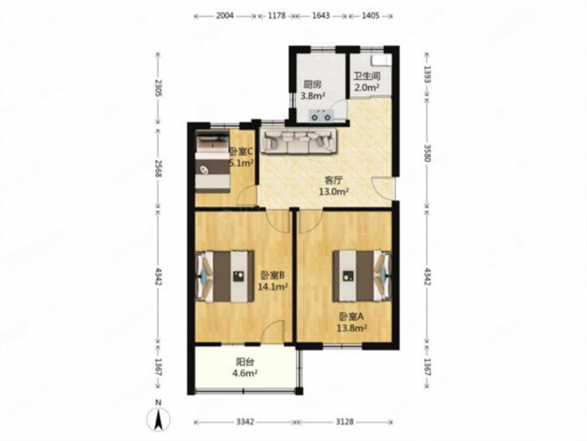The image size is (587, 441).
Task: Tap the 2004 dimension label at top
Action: coord(225,16)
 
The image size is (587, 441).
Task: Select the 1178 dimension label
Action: coord(277,16)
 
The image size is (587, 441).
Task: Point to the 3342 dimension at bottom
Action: coord(245,422)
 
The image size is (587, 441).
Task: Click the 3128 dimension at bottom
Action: coord(345,422)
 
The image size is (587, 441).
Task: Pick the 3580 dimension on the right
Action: coord(428,153)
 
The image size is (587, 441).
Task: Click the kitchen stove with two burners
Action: coord(320,115)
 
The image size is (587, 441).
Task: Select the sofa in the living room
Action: coord(299,141)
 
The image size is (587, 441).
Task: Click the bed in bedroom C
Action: coord(212,161)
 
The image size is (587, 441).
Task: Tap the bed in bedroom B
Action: coord(226,276)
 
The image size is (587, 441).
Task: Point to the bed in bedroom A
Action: coord(362,276)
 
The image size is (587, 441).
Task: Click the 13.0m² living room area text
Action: coord(334,192)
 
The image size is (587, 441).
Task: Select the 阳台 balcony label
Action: coord(245,362)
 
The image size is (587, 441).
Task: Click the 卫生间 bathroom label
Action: coord(367,76)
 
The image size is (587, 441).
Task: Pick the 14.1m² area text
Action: coord(273,287)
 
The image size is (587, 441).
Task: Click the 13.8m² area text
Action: coord(352,328)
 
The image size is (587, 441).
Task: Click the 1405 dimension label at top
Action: coord(371,16)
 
